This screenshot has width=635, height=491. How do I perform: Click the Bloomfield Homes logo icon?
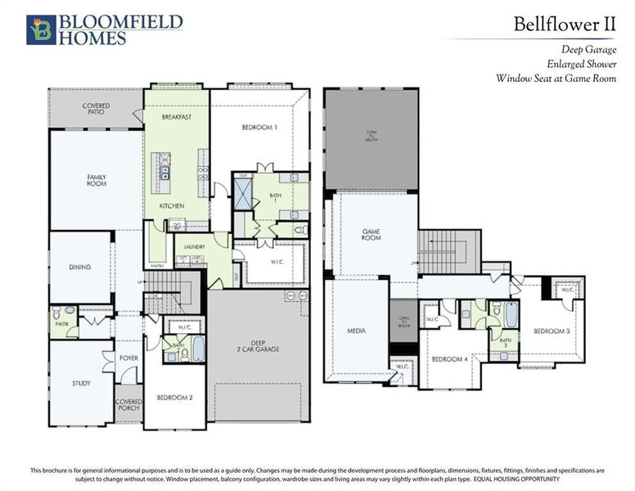(x=41, y=29)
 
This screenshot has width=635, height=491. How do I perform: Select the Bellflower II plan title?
(x=564, y=23)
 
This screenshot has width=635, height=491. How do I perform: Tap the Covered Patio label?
(x=96, y=110)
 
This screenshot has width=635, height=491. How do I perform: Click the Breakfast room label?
(x=176, y=117)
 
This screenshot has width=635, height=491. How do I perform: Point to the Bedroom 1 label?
(x=259, y=128)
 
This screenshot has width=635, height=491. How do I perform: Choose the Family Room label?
(x=97, y=180)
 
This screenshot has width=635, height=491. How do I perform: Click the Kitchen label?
(x=171, y=205)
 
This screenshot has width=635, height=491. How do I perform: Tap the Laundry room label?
(x=194, y=245)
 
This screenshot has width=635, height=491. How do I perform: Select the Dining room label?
(x=79, y=266)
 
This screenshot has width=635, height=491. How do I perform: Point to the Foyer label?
(x=128, y=357)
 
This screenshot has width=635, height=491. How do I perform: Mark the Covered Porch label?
(x=128, y=405)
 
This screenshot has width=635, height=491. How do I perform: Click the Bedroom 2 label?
(x=174, y=398)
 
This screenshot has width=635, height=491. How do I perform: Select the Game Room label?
(x=372, y=235)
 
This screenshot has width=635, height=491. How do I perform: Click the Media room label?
(x=356, y=331)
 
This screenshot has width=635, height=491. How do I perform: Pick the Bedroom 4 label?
(x=449, y=359)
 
